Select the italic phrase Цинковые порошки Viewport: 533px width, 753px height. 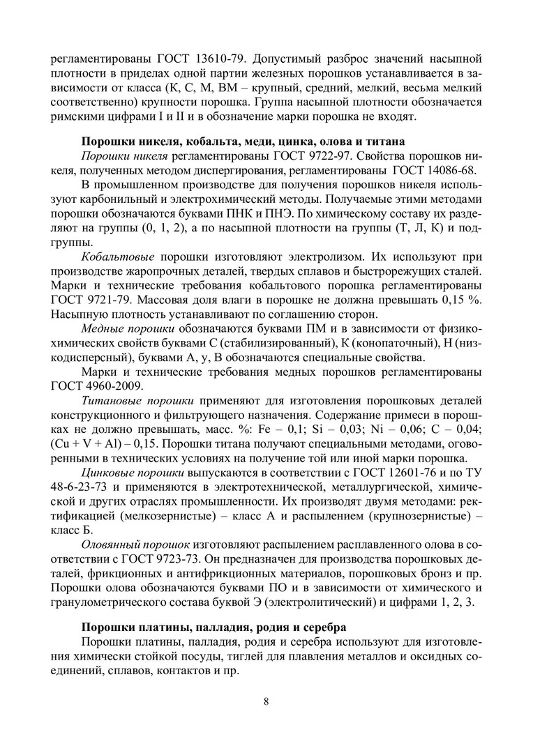(x=135, y=476)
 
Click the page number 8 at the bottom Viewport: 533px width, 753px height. (x=266, y=701)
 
